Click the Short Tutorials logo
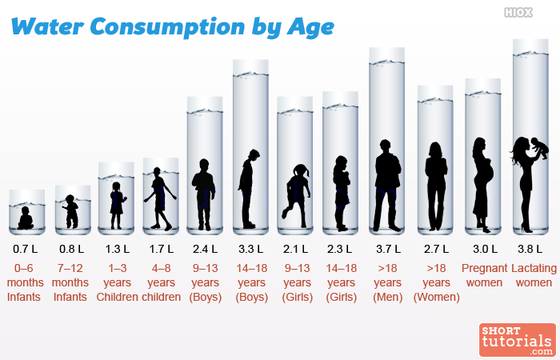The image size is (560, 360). coord(518,340)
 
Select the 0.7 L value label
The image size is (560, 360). coord(26,249)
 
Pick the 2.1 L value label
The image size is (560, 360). coord(297,249)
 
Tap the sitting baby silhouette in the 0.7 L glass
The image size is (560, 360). coord(26,218)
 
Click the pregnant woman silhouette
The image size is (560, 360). coord(482,180)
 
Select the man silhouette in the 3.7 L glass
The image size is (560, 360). coord(387,184)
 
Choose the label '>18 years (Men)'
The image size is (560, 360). coord(388,282)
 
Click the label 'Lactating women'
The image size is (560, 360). coord(534,275)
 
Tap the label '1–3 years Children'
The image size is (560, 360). coord(117,282)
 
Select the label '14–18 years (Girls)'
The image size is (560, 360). coord(342,282)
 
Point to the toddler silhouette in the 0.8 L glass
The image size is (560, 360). coord(71,211)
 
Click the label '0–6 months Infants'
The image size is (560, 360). coord(24,282)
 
